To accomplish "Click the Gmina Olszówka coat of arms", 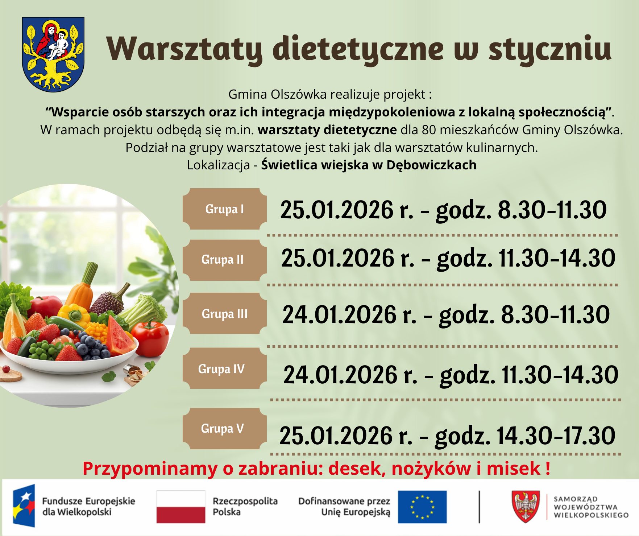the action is coord(53,54).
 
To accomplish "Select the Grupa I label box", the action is coord(225,209).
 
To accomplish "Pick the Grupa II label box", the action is coord(225,260).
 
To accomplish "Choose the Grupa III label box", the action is coord(225,314).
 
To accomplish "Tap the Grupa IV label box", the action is coord(225,369).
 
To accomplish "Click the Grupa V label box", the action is coord(225,429).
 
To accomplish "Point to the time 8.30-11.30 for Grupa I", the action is coord(552,210).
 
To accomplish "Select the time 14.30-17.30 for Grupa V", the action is coord(556,435).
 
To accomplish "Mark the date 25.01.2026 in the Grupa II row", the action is coord(338,258).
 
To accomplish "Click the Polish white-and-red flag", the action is coord(181,507).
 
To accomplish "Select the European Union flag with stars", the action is coord(422,507).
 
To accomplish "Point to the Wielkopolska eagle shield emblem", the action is coord(526,507).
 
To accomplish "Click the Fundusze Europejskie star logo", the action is coord(24,506).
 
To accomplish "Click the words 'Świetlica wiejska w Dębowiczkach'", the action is coord(369,165).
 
